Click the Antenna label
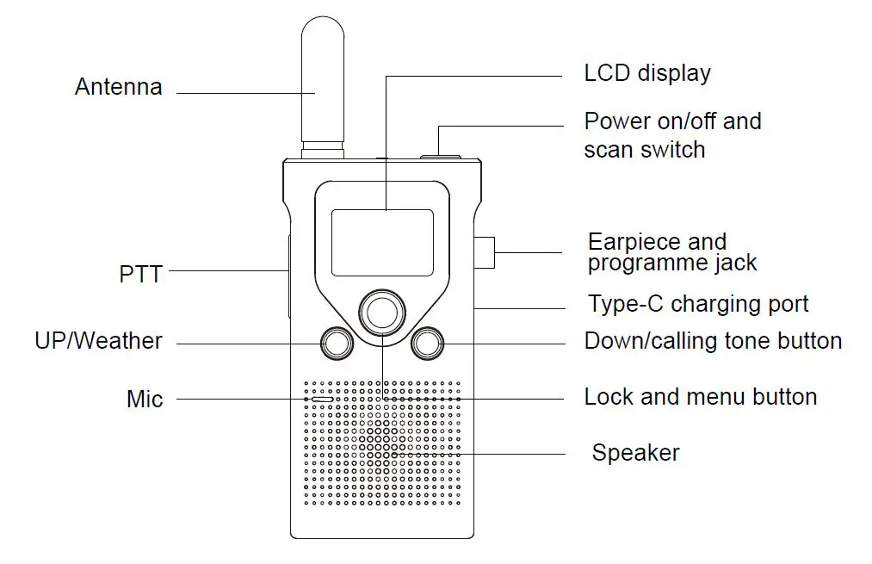click(118, 87)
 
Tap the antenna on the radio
click(322, 86)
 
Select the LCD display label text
click(647, 73)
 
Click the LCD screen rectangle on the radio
click(382, 242)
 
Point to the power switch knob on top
click(440, 156)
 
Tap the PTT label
click(140, 276)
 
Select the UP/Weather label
click(98, 341)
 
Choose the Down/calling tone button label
click(713, 341)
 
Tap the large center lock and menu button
click(381, 311)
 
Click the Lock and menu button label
click(700, 397)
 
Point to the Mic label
click(144, 400)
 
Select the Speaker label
click(635, 453)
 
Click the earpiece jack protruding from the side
click(484, 251)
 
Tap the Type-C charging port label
click(698, 304)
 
